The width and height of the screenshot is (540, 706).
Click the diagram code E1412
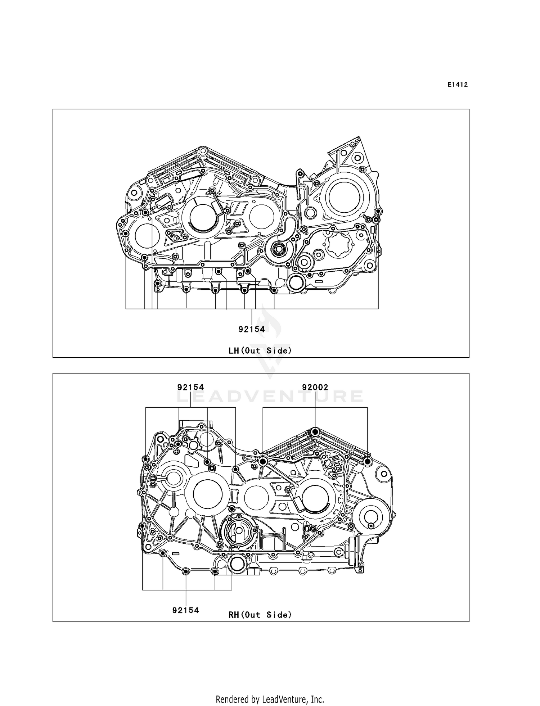tap(457, 85)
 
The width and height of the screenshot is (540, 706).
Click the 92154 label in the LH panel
tap(252, 329)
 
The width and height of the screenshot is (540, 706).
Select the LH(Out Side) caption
tap(260, 350)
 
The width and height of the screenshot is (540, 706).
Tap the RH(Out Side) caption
tap(260, 615)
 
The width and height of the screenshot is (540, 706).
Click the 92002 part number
tap(315, 387)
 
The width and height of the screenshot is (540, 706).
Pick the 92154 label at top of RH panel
tap(190, 387)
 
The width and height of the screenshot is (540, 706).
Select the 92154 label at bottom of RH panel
tap(186, 610)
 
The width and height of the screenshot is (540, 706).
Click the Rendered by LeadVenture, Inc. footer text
tap(270, 699)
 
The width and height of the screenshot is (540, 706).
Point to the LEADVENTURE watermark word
tap(270, 397)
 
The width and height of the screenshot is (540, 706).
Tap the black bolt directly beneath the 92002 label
tap(315, 432)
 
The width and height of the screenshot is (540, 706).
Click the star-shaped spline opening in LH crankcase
tap(338, 244)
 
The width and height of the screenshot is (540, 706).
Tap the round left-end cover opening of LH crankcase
tap(147, 236)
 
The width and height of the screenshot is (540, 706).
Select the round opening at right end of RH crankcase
tap(370, 517)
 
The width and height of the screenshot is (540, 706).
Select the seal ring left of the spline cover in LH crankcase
tap(278, 249)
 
